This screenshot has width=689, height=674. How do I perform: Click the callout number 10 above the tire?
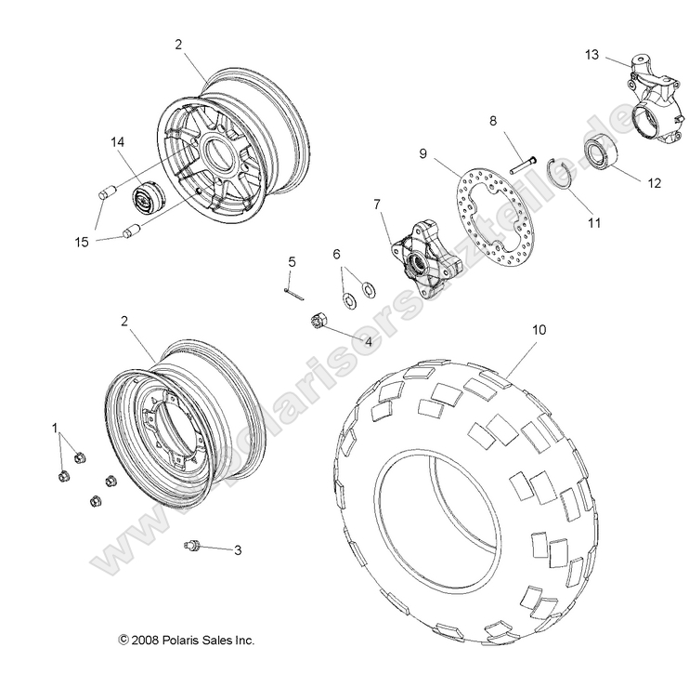539,329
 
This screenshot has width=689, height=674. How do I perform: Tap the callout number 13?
591,56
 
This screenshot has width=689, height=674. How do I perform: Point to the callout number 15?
83,244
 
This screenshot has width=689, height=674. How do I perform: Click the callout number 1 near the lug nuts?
55,430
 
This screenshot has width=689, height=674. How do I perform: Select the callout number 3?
237,550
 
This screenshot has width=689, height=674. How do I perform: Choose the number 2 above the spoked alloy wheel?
177,44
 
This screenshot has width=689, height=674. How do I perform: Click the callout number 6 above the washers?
337,254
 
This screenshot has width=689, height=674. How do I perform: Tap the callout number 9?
422,152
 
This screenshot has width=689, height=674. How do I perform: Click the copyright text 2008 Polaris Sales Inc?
187,640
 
